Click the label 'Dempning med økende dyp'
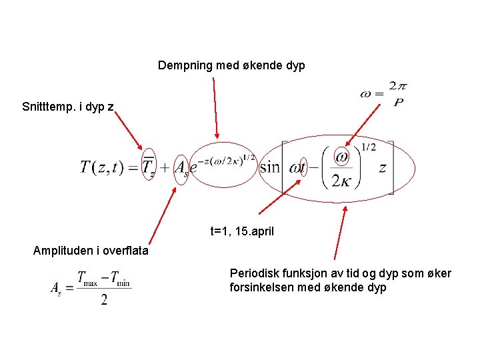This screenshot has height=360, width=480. (231, 65)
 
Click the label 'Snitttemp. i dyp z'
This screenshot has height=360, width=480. (68, 107)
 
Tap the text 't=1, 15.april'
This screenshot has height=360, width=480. (242, 232)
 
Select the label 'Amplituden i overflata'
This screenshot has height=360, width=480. (91, 251)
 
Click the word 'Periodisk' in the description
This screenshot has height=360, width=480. (252, 273)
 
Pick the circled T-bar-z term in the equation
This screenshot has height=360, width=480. (149, 167)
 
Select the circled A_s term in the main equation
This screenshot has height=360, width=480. (181, 168)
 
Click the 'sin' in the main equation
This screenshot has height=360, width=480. (269, 167)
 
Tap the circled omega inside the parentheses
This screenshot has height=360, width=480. (342, 157)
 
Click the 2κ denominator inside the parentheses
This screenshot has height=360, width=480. (342, 180)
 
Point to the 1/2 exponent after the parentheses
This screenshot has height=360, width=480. (369, 147)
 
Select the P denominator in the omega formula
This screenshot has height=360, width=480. (398, 103)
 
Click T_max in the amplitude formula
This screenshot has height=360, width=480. (86, 279)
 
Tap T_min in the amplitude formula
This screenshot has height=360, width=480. (121, 279)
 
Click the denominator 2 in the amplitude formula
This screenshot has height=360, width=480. (104, 299)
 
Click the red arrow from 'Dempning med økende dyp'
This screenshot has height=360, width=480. (215, 107)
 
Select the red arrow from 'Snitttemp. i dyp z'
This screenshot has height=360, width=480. (129, 131)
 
